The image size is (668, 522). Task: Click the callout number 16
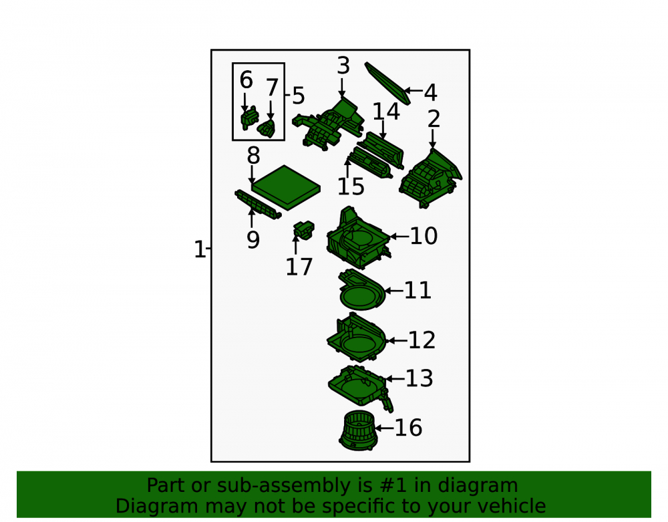408,427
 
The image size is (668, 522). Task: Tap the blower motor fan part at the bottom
358,430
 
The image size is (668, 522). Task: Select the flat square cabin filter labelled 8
286,188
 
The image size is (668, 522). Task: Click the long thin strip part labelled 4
387,83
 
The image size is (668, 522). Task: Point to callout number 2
434,119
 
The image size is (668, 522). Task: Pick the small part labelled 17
304,230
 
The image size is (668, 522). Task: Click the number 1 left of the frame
199,249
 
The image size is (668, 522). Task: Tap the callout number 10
424,236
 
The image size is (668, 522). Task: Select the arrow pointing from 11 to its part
393,291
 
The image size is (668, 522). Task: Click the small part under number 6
250,118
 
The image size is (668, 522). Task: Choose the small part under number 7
267,128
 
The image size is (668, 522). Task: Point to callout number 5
299,96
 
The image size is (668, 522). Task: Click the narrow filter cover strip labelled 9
257,204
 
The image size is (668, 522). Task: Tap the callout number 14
386,112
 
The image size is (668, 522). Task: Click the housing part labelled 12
356,338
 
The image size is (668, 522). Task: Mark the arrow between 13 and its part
395,378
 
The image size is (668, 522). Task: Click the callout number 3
343,66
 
